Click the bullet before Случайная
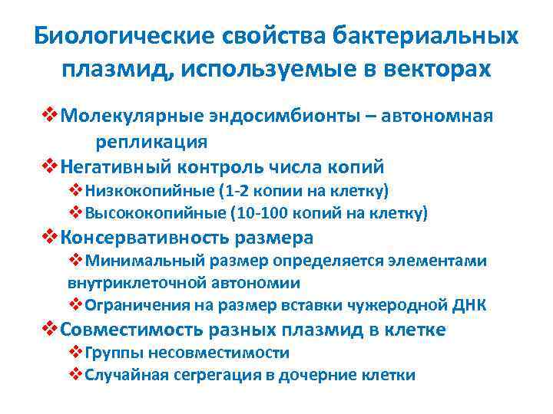point(75,375)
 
